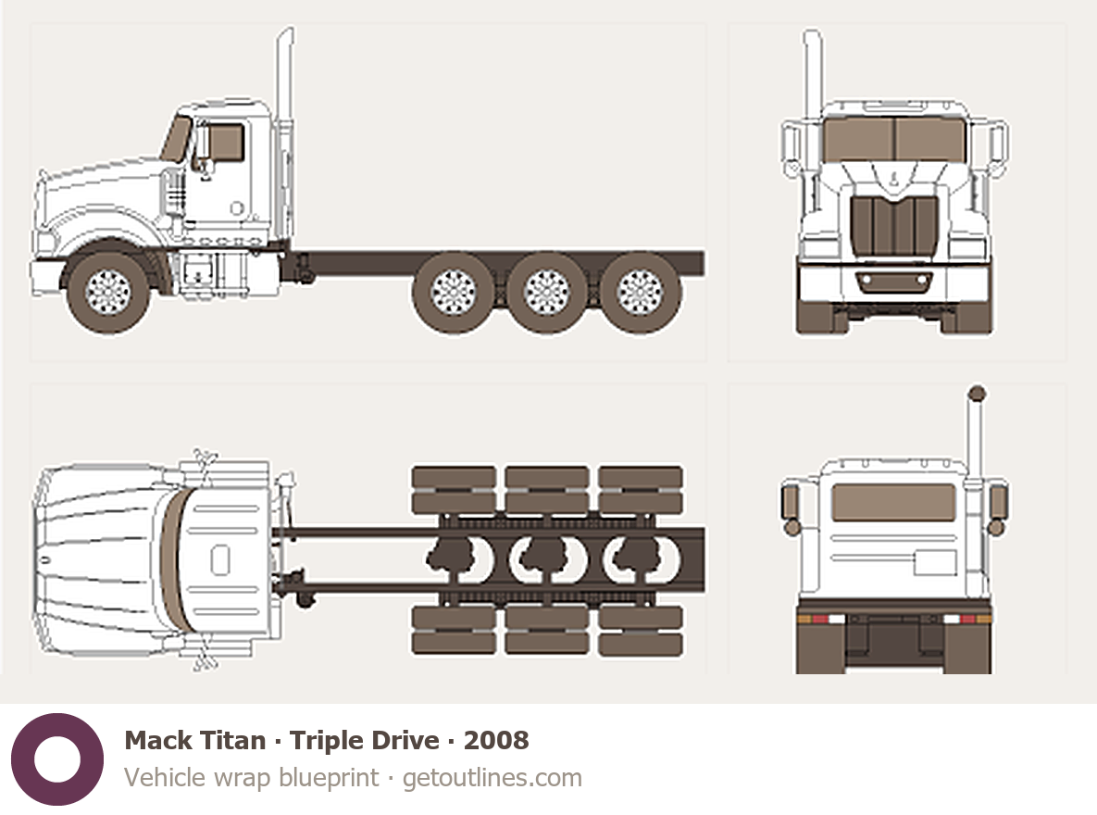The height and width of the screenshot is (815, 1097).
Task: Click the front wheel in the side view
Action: (x=108, y=291)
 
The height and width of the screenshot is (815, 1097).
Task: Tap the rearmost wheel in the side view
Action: (x=640, y=292)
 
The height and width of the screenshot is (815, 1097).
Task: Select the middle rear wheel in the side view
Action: (x=546, y=292)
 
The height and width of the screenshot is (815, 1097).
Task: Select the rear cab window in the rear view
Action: (x=893, y=502)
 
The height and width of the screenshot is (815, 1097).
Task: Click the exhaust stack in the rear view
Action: (x=975, y=435)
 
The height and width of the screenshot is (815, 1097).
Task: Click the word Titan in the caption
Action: (x=230, y=741)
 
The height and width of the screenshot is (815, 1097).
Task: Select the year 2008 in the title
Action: (x=496, y=741)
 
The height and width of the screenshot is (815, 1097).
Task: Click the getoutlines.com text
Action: (x=492, y=777)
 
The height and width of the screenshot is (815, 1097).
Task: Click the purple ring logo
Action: (x=56, y=759)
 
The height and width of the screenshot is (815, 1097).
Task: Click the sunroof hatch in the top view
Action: (x=219, y=560)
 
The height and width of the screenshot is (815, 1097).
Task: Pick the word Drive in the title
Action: (x=401, y=741)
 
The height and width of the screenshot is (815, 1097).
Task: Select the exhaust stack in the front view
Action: (x=813, y=74)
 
